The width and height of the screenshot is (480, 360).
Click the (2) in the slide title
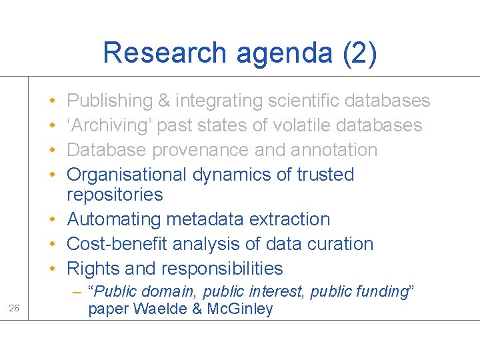coord(360,53)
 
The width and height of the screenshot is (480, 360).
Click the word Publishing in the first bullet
coord(110,101)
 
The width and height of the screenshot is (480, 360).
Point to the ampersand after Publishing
coord(164,101)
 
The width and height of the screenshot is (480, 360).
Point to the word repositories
coord(115,195)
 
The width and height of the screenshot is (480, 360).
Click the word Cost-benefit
coord(117,244)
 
